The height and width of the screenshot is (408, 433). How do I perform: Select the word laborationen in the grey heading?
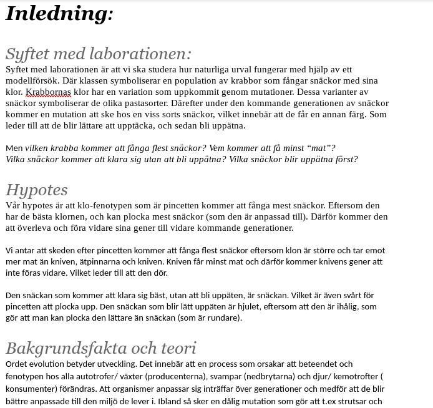[137, 54]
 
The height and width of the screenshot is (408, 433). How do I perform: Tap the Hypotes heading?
[37, 190]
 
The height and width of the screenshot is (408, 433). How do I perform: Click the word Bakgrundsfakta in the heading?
[59, 348]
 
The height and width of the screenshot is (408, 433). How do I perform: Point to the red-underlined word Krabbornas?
[48, 92]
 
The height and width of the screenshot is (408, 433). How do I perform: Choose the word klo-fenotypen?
[102, 205]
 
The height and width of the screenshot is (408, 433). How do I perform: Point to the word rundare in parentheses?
[223, 318]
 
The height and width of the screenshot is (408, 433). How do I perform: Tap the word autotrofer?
[99, 376]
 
